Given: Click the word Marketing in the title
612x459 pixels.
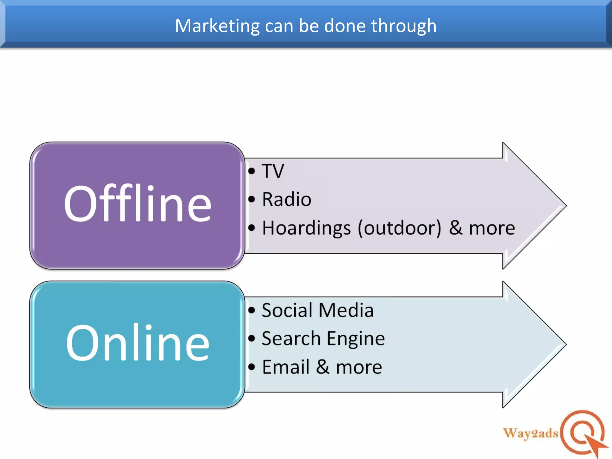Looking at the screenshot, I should coord(217,26).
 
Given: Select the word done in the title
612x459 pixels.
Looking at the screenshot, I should coord(345,26).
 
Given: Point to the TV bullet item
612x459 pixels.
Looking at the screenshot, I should coord(273,171).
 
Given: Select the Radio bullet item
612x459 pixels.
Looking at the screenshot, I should coord(287,199).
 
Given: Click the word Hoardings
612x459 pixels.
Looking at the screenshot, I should coord(306,228).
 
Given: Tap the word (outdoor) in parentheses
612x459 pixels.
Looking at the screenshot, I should coord(399,228).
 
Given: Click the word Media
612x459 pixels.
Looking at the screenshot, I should coord(346,310).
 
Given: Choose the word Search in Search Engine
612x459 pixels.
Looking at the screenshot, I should coord(291,339).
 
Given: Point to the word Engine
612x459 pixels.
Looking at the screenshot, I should coord(356,339).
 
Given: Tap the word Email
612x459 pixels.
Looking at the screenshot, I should coord(286,367).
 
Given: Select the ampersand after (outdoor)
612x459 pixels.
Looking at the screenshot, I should coord(456,228).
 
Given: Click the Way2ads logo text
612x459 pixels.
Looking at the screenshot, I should coord(530,433).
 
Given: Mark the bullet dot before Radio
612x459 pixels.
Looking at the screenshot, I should coord(252,199).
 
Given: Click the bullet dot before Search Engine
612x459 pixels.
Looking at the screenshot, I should coord(252,339).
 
